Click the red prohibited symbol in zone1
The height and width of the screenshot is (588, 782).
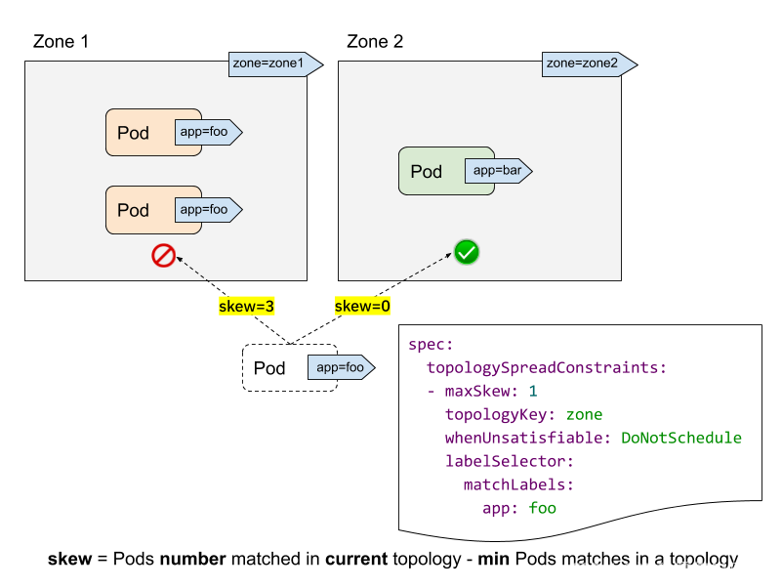point(163,256)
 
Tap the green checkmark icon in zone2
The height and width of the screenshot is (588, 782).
point(467,253)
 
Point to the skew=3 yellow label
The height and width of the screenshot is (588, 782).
point(246,306)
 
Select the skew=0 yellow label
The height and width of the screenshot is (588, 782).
point(362,306)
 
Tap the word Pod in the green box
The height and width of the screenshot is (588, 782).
point(426,172)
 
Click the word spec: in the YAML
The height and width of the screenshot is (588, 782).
point(431,345)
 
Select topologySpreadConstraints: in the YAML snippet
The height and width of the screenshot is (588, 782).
point(546,368)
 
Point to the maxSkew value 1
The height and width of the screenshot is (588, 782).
point(533,392)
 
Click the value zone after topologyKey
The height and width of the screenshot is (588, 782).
point(584,415)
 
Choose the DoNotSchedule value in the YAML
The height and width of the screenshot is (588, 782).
point(681,438)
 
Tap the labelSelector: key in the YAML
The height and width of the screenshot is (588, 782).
point(510,461)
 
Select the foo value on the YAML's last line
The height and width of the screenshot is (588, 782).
point(542,508)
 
